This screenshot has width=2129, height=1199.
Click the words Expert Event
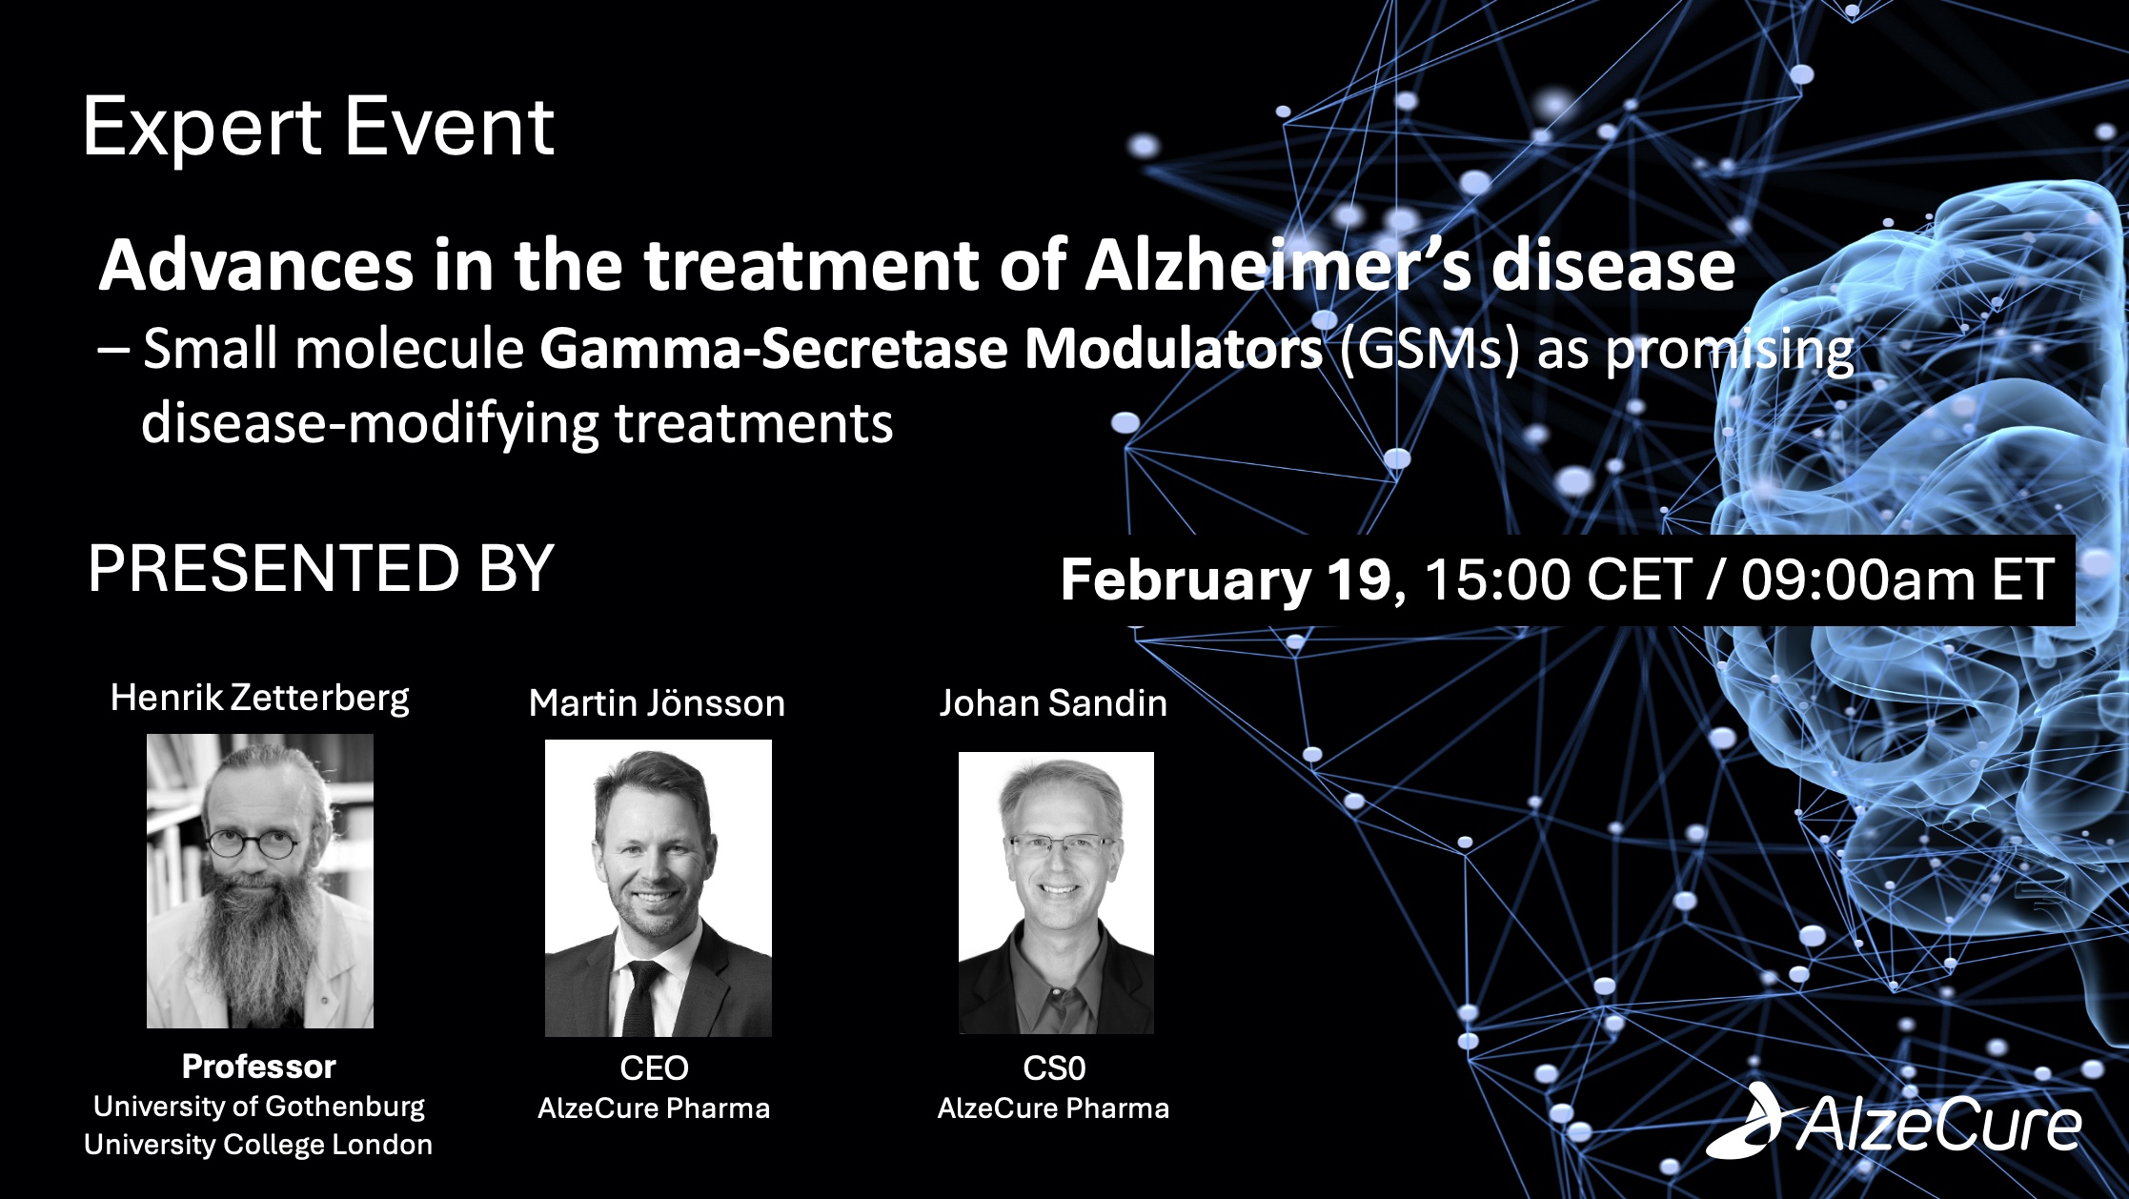coord(318,128)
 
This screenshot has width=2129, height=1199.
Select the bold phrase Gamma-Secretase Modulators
coord(930,349)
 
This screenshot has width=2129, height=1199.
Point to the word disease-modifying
coord(370,423)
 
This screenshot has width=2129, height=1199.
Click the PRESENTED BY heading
coord(320,569)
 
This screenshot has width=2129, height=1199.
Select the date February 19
coord(1226,579)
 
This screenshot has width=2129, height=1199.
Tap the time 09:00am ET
coord(1896,579)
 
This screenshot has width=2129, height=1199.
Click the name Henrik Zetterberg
coord(259,698)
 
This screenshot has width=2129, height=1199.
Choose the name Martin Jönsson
coord(657,703)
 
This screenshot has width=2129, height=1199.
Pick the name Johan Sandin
coord(1053,703)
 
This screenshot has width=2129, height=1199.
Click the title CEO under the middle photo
coord(654,1068)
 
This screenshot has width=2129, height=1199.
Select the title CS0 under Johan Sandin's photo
coord(1054,1068)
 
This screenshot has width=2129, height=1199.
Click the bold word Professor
coord(258,1067)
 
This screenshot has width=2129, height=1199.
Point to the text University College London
coord(258,1145)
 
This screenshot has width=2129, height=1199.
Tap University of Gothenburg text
coord(258,1107)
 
